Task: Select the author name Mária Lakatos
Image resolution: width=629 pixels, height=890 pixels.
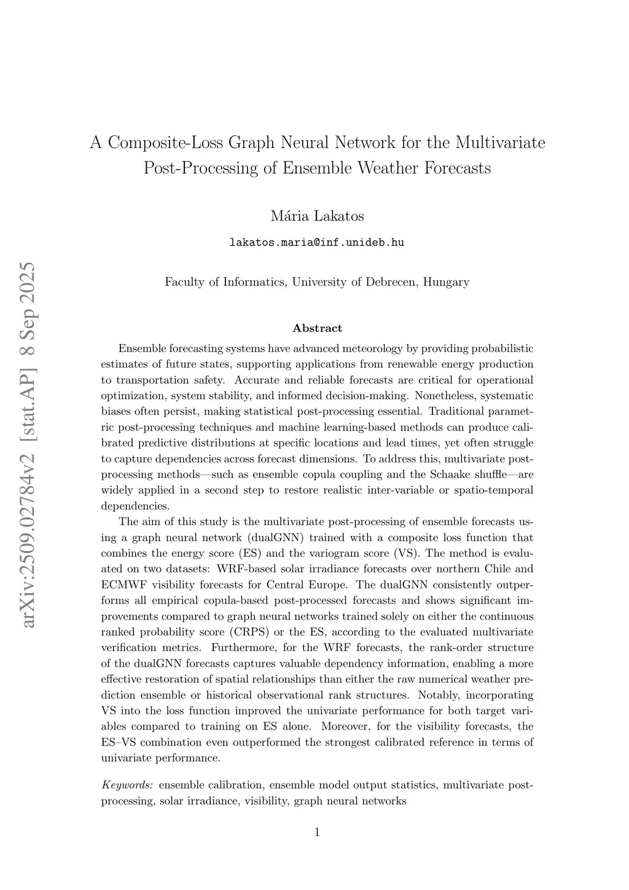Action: tap(317, 216)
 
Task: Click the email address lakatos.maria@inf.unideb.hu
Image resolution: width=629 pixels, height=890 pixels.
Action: tap(317, 242)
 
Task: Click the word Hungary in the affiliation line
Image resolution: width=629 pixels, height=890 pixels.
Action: tap(446, 282)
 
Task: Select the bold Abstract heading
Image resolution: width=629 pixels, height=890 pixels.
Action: tap(317, 328)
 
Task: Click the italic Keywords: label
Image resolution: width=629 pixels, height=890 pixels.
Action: tap(127, 785)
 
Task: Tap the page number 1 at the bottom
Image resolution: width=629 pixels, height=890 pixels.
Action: tap(317, 832)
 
